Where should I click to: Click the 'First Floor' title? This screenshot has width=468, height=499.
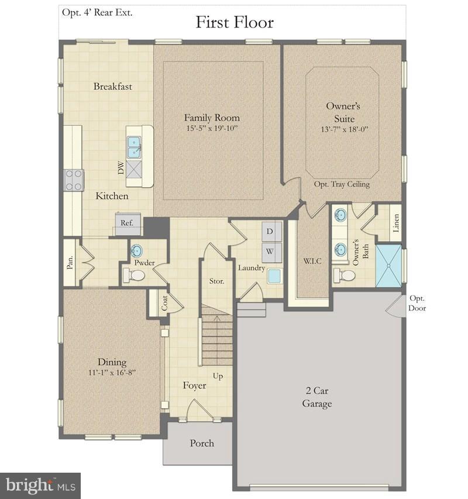[234, 22]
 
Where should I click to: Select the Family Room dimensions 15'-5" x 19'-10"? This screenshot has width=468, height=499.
[212, 128]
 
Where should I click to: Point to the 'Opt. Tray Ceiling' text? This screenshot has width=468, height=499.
[342, 184]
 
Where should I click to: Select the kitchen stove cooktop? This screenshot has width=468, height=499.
[74, 180]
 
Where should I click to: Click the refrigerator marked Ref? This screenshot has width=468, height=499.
[127, 223]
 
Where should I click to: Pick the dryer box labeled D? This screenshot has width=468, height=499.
[271, 230]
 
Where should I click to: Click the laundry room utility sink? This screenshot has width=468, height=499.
[274, 276]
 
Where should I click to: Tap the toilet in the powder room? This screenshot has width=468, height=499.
[136, 275]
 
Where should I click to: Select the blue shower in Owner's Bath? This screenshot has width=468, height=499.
[389, 265]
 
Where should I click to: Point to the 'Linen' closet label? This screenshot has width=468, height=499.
[395, 223]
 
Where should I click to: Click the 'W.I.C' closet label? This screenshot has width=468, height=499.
[312, 260]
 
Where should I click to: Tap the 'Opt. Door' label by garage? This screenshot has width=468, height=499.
[418, 303]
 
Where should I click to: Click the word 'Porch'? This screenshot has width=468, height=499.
[202, 443]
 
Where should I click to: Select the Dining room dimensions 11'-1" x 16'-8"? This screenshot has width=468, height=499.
[112, 372]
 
